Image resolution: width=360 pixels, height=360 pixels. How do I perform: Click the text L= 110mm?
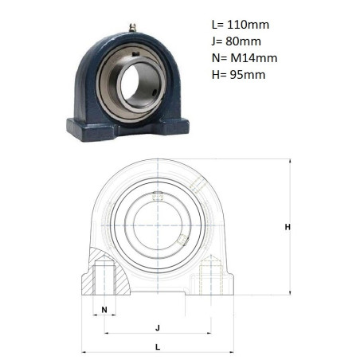pos(241,25)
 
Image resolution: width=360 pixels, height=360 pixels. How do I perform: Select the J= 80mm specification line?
pos(237,41)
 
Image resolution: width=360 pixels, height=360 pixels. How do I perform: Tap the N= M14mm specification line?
pos(245,58)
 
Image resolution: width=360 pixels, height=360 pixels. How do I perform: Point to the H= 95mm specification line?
pos(238,75)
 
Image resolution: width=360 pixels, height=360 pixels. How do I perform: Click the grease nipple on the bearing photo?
pos(133,28)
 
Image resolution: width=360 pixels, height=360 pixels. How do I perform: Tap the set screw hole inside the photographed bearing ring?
pos(155,93)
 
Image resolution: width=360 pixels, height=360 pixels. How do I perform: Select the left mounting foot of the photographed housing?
pos(92,130)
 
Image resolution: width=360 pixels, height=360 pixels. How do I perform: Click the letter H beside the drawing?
pos(288,227)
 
